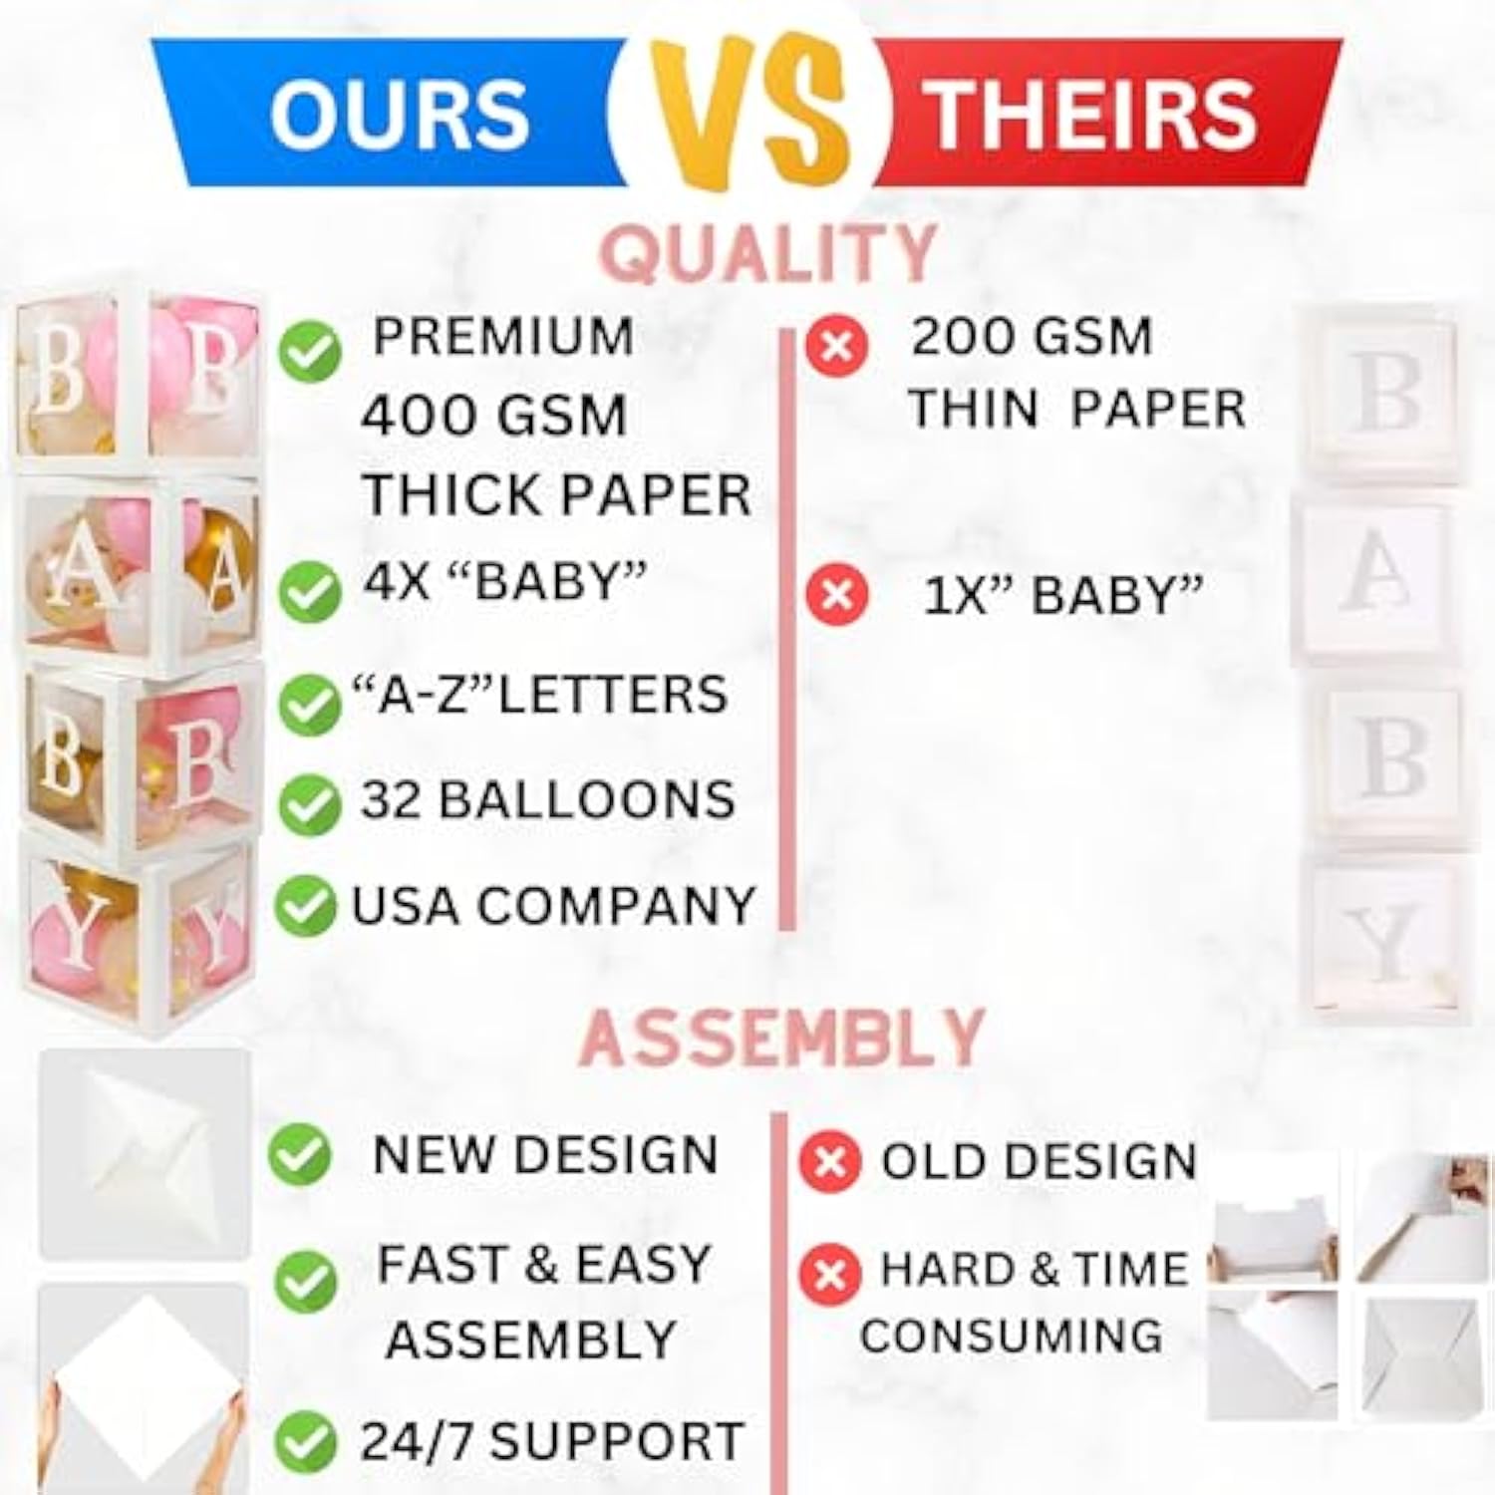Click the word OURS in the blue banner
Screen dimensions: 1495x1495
click(399, 114)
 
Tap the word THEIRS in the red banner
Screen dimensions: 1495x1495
click(1093, 114)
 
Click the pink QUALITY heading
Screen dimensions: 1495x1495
click(770, 253)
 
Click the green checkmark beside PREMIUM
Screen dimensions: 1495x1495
click(309, 351)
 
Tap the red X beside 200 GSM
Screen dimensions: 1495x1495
click(836, 346)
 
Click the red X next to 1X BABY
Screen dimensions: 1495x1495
click(836, 595)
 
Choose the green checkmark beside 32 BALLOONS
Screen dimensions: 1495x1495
click(307, 804)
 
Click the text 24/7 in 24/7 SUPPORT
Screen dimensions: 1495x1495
click(419, 1441)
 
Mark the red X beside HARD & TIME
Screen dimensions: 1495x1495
click(829, 1275)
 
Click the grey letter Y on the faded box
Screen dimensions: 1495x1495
click(1386, 943)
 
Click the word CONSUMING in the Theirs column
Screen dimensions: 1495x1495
click(1011, 1336)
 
